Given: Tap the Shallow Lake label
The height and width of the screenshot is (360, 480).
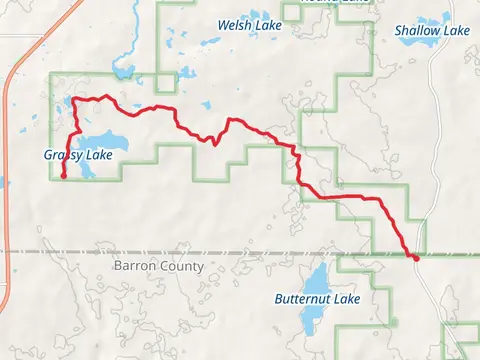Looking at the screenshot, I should pos(431,31).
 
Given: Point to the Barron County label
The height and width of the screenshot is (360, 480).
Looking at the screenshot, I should pos(158,266).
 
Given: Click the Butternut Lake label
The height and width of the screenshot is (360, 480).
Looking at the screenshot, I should pos(317,299).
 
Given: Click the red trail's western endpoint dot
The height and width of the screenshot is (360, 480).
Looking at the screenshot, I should pos(64,177).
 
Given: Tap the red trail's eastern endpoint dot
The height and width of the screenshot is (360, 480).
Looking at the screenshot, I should pos(414,257).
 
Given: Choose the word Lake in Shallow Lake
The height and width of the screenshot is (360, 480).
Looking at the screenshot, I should pos(455,31).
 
